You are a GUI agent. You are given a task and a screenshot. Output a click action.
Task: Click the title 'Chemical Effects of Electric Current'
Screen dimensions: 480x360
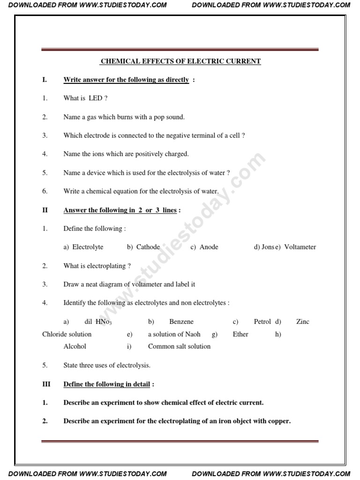pos(181,61)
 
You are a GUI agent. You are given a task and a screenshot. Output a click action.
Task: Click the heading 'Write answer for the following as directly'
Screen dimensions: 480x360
pos(126,80)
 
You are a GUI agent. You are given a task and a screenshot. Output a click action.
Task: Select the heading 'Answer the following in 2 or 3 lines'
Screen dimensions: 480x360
pos(120,210)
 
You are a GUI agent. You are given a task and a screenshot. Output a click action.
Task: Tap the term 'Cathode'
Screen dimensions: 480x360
pos(148,247)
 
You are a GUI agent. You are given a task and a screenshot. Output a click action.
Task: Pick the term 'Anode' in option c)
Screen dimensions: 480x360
pos(209,247)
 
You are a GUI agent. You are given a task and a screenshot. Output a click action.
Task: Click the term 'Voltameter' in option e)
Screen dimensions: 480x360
pos(300,247)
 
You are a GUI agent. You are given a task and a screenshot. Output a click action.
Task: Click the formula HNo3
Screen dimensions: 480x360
pos(104,322)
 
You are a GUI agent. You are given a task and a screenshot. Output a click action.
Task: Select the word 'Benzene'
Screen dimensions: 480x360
pos(181,322)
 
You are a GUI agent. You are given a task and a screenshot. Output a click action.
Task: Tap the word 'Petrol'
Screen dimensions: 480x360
pos(262,322)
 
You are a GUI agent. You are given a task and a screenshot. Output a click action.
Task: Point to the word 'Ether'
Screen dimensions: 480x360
pos(240,334)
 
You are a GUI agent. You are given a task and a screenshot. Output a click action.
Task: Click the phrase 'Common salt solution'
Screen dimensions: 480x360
pos(179,346)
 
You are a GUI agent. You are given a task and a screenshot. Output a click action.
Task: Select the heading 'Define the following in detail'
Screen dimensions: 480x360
pos(107,384)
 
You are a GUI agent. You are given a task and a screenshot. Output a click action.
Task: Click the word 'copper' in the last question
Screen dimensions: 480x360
pos(278,421)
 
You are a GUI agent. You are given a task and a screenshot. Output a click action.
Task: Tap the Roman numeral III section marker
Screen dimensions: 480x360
pos(46,384)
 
